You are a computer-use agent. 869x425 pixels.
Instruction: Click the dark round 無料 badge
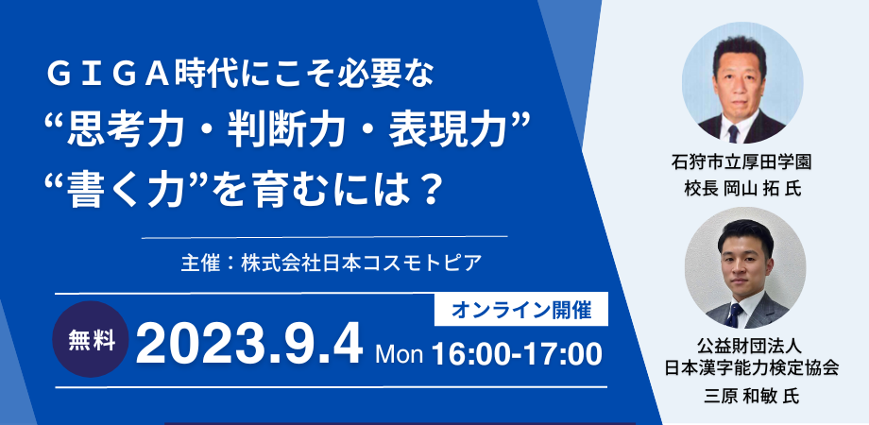(92, 339)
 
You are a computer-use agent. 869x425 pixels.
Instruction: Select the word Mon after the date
(399, 354)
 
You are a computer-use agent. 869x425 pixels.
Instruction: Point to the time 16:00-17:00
(517, 354)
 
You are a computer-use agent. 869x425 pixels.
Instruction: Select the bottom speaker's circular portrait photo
(744, 268)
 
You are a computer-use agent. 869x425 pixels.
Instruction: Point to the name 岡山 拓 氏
(761, 189)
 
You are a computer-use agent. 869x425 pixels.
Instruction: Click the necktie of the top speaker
(733, 132)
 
